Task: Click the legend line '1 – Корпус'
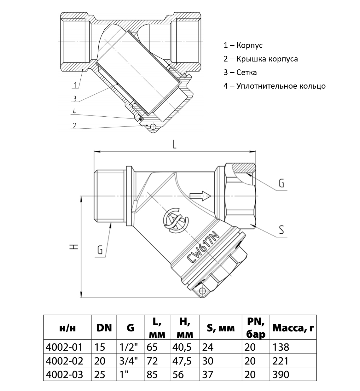[243, 45]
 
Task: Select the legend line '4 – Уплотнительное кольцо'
[275, 86]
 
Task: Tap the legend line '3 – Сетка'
[240, 73]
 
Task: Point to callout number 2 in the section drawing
[74, 126]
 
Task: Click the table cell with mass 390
[280, 374]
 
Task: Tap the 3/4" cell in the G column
[130, 361]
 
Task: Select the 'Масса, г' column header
[293, 328]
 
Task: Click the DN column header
[104, 328]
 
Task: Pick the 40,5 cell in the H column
[182, 347]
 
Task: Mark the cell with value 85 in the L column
[152, 374]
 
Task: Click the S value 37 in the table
[208, 374]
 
